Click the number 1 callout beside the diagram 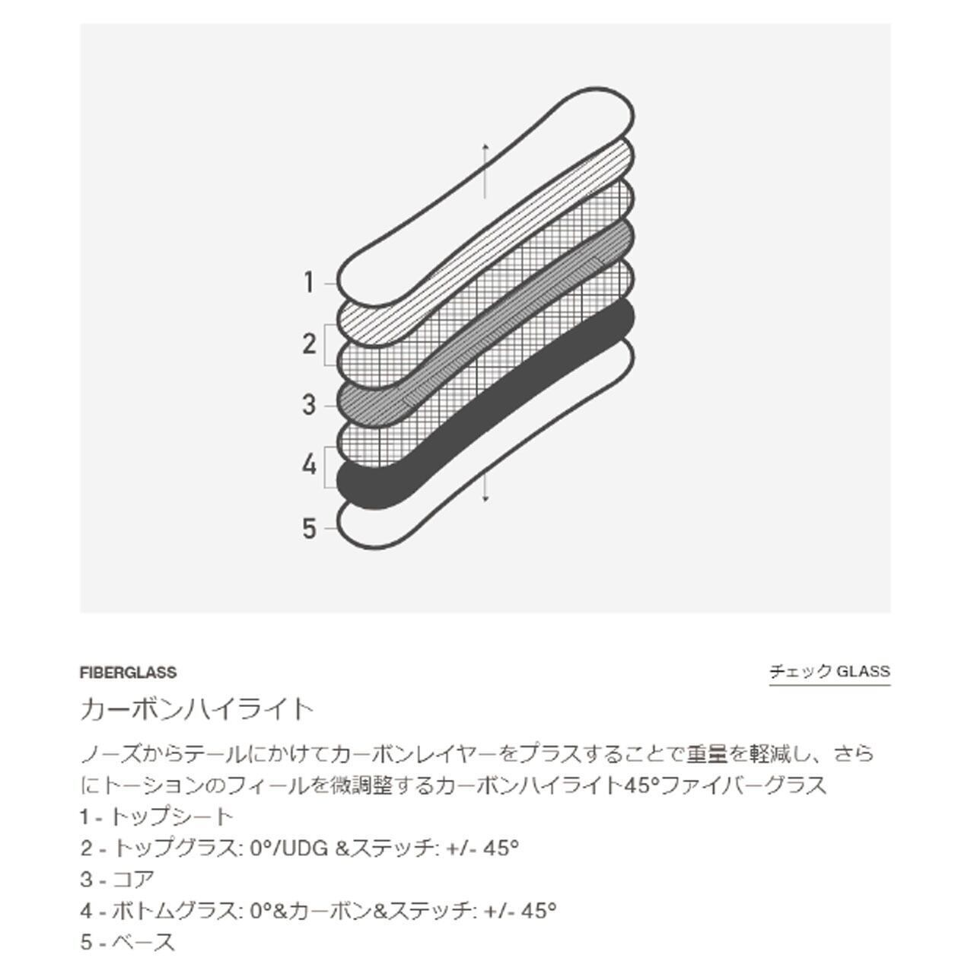point(310,283)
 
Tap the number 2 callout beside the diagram point(310,344)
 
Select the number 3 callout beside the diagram point(310,405)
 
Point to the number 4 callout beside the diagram point(310,465)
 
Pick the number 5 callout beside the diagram point(310,529)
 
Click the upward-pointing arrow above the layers point(485,171)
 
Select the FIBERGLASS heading point(129,673)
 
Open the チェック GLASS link point(829,672)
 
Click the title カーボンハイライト point(197,709)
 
